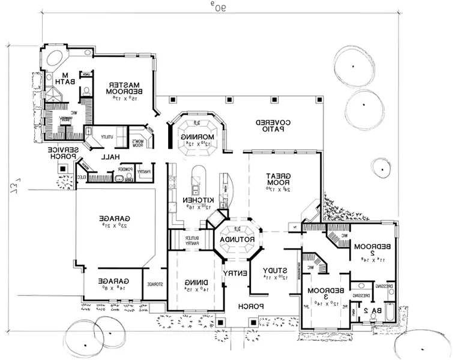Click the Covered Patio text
274,126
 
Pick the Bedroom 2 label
364,250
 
